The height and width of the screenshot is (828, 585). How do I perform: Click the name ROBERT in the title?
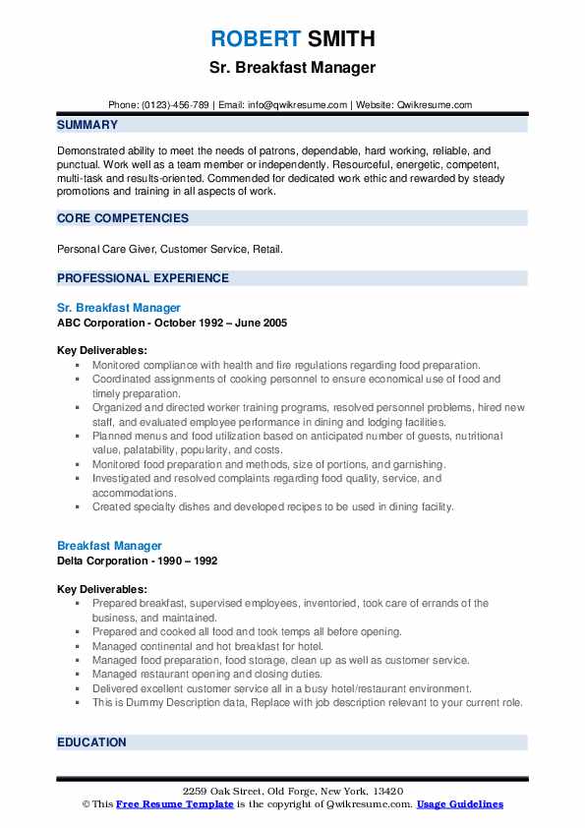255,39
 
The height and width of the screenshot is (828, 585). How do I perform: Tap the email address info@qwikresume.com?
298,105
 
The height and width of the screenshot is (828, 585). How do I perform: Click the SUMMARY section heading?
88,125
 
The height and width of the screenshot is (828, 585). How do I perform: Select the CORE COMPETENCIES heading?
123,217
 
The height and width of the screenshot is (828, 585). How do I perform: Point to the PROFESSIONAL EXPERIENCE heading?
143,278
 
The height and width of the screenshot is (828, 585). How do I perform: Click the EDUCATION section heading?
92,742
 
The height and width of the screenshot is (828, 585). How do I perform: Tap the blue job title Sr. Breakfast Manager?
119,308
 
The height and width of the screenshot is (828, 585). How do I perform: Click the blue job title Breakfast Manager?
109,546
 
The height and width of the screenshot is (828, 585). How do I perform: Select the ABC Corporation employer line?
172,323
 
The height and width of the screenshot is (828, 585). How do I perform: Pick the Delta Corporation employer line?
137,561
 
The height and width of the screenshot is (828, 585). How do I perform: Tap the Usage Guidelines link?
459,804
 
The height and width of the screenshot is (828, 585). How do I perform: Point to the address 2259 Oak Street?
292,792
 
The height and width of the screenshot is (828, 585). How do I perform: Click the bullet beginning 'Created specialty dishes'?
273,506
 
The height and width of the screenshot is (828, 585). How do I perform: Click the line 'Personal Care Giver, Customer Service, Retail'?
170,250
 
